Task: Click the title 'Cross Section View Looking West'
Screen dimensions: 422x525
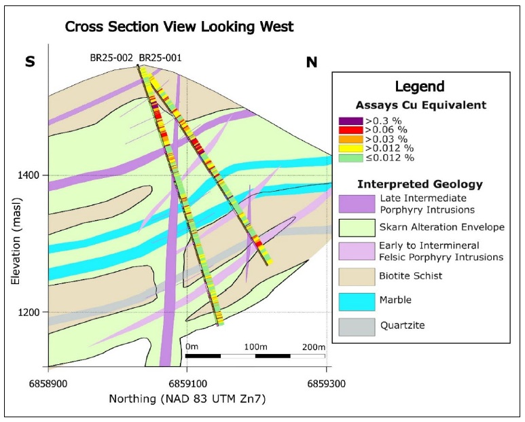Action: coord(179,28)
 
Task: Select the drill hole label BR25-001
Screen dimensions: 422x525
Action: coord(160,58)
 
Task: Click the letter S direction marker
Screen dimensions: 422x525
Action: coord(30,62)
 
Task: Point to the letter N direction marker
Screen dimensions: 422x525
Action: coord(312,63)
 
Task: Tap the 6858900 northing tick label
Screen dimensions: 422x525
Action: coord(47,385)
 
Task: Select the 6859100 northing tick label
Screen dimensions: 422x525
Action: coord(187,385)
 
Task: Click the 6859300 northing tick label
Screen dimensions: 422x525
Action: coord(326,385)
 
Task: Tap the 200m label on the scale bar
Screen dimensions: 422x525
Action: coord(314,347)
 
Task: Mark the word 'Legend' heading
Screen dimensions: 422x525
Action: coord(420,86)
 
